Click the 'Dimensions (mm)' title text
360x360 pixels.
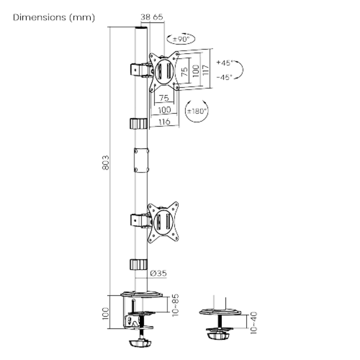pos(54,18)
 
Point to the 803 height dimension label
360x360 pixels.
pos(106,162)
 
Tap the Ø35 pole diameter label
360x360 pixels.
pos(158,273)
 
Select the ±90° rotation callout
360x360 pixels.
pos(181,39)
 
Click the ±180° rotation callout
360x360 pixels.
pos(197,111)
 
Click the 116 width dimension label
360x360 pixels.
pos(164,121)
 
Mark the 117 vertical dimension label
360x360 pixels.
pos(206,70)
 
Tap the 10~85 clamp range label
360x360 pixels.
pos(175,305)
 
